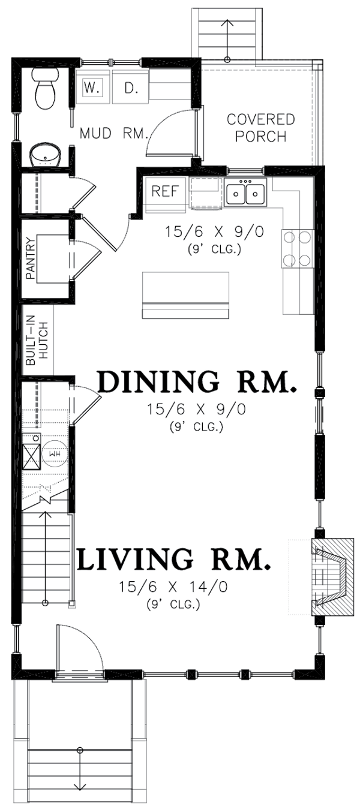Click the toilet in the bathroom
point(46,88)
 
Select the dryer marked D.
point(130,88)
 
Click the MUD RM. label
point(114,133)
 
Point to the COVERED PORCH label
point(260,128)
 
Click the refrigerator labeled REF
point(165,195)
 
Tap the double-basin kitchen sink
point(245,193)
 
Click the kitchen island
point(185,295)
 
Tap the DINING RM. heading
point(197,381)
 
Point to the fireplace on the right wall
point(332,576)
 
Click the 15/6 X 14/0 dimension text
point(173,587)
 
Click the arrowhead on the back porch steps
point(227,22)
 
